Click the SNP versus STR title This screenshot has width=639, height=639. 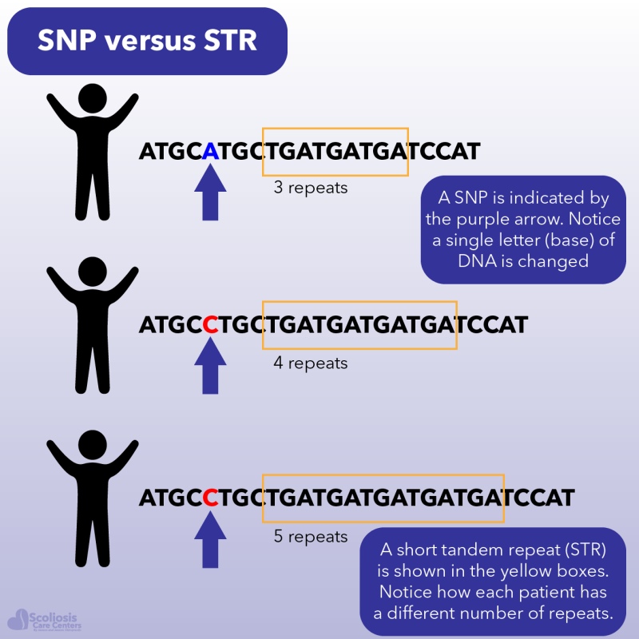click(x=147, y=41)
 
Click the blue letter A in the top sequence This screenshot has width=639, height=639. click(x=210, y=151)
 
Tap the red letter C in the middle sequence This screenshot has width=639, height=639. click(x=210, y=325)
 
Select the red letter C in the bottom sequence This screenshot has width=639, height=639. click(x=210, y=498)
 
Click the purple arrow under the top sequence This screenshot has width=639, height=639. click(x=210, y=194)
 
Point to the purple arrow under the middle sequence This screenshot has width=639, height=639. click(x=210, y=366)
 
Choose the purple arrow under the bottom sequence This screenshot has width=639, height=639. click(x=210, y=541)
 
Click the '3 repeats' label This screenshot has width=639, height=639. click(x=311, y=189)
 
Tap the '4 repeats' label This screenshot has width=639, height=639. click(x=311, y=363)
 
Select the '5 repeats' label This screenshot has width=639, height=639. click(x=311, y=537)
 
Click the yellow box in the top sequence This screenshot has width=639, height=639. click(x=335, y=151)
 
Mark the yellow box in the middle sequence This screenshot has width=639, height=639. click(x=359, y=325)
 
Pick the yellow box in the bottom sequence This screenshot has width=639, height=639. click(x=383, y=498)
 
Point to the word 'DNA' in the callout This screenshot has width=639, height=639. click(x=458, y=260)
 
